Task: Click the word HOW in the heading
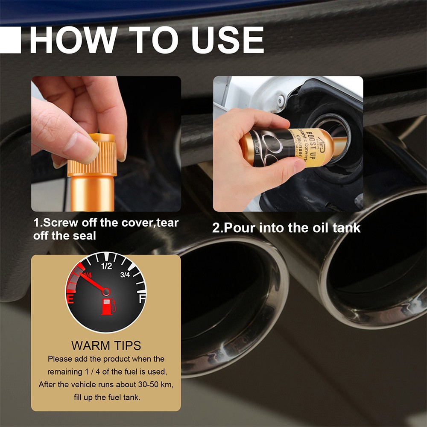click(72, 41)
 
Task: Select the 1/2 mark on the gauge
click(106, 267)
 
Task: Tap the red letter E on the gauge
click(71, 299)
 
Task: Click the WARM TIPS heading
click(106, 345)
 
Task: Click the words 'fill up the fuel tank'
click(106, 397)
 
